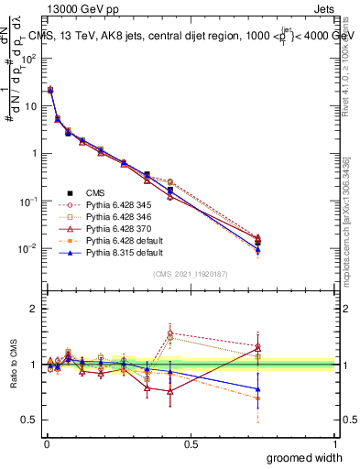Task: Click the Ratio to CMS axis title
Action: click(x=14, y=378)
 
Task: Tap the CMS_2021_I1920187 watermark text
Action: click(x=190, y=274)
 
